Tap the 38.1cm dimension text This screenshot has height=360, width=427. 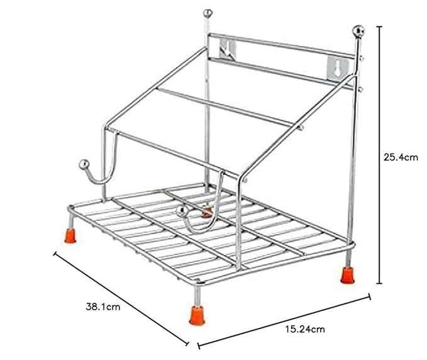pos(103,308)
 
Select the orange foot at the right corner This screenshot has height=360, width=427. pos(347,274)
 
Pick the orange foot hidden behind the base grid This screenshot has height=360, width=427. pos(206,213)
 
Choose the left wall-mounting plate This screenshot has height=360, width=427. pos(230,50)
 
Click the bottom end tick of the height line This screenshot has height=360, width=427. pos(379,284)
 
